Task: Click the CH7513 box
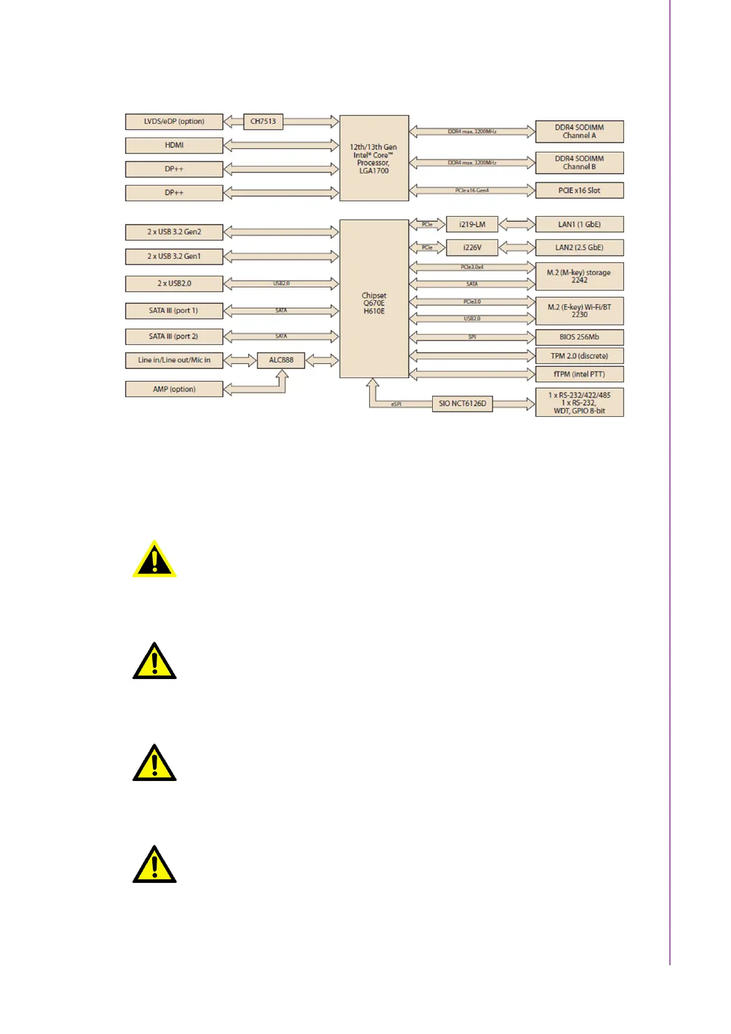click(263, 122)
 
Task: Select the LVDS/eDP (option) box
click(174, 122)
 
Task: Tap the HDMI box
click(174, 146)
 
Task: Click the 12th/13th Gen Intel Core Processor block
click(374, 158)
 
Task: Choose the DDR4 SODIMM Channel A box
click(579, 131)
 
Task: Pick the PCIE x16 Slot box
click(579, 190)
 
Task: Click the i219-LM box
click(472, 225)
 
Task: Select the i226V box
click(472, 247)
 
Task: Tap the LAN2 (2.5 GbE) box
click(579, 247)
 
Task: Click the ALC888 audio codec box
click(281, 360)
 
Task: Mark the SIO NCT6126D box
click(462, 403)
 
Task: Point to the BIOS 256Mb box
click(579, 337)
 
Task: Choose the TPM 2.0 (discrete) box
click(579, 356)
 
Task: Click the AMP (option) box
click(174, 389)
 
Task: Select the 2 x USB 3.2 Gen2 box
click(174, 232)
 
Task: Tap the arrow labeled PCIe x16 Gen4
click(472, 190)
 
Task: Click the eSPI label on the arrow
click(396, 404)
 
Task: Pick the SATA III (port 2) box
click(174, 336)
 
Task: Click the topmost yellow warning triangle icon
click(155, 560)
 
